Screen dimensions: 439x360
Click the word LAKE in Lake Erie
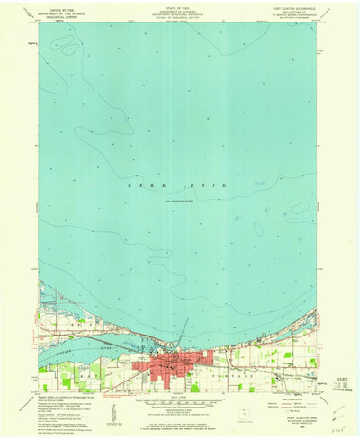point(140,184)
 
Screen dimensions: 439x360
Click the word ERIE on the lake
point(215,184)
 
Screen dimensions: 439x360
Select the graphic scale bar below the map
point(177,405)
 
